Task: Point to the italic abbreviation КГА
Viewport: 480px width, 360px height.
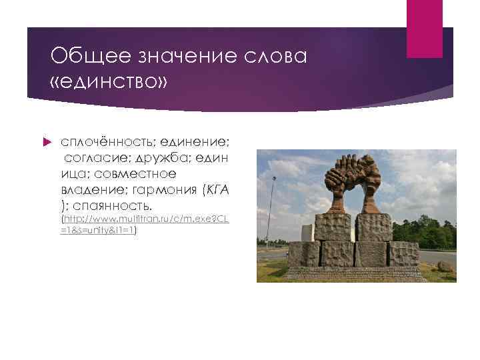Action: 218,191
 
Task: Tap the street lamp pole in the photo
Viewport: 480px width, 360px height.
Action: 272,207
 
